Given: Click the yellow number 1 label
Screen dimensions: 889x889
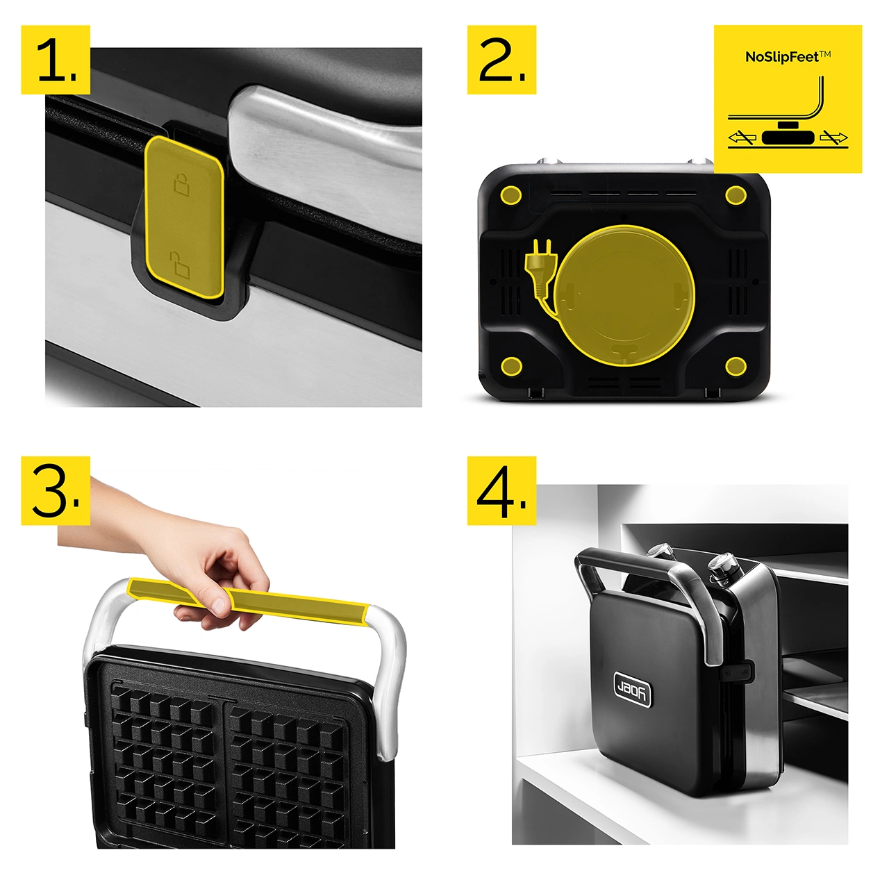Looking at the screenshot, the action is (x=56, y=60).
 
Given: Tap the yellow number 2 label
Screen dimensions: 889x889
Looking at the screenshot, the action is (x=501, y=60).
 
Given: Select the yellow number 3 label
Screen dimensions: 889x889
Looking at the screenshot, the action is (x=56, y=490).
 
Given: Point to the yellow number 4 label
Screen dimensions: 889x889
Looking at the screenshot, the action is (x=501, y=490).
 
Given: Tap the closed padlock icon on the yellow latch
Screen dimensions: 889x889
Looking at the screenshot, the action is (x=182, y=183).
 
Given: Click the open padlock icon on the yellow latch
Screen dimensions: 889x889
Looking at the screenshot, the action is (x=181, y=265).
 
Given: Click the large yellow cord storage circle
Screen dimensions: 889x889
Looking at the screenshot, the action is (x=624, y=295).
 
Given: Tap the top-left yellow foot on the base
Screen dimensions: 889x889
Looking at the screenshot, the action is (x=511, y=196).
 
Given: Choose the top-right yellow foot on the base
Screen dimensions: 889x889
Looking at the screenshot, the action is (x=736, y=196).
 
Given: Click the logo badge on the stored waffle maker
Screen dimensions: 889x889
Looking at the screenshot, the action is (x=633, y=690).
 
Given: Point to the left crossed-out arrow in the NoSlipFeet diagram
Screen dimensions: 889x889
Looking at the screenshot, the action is (x=742, y=137).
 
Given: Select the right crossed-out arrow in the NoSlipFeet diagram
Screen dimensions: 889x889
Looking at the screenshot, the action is (x=833, y=137).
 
